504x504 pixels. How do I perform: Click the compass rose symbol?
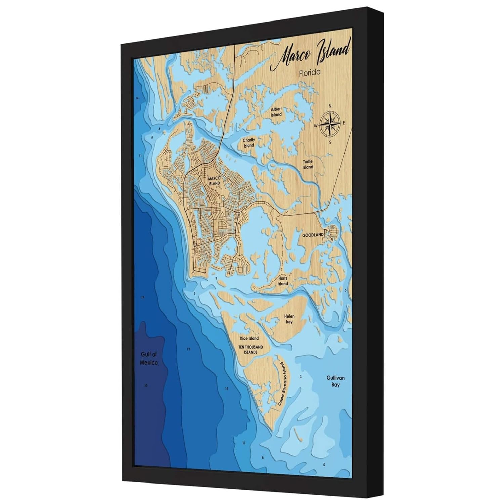pyautogui.click(x=330, y=123)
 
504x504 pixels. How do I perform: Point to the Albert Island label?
pyautogui.click(x=276, y=112)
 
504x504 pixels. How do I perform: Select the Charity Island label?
pyautogui.click(x=249, y=143)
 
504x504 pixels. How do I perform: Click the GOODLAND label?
pyautogui.click(x=312, y=235)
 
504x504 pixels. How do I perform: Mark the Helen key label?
pyautogui.click(x=289, y=319)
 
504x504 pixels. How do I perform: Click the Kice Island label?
pyautogui.click(x=249, y=338)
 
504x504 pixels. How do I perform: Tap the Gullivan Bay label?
pyautogui.click(x=335, y=381)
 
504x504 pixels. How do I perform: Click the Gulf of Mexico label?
pyautogui.click(x=149, y=359)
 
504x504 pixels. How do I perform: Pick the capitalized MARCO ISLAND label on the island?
pyautogui.click(x=214, y=181)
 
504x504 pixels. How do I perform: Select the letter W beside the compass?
pyautogui.click(x=316, y=126)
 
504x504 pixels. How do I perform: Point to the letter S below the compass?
pyautogui.click(x=330, y=142)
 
